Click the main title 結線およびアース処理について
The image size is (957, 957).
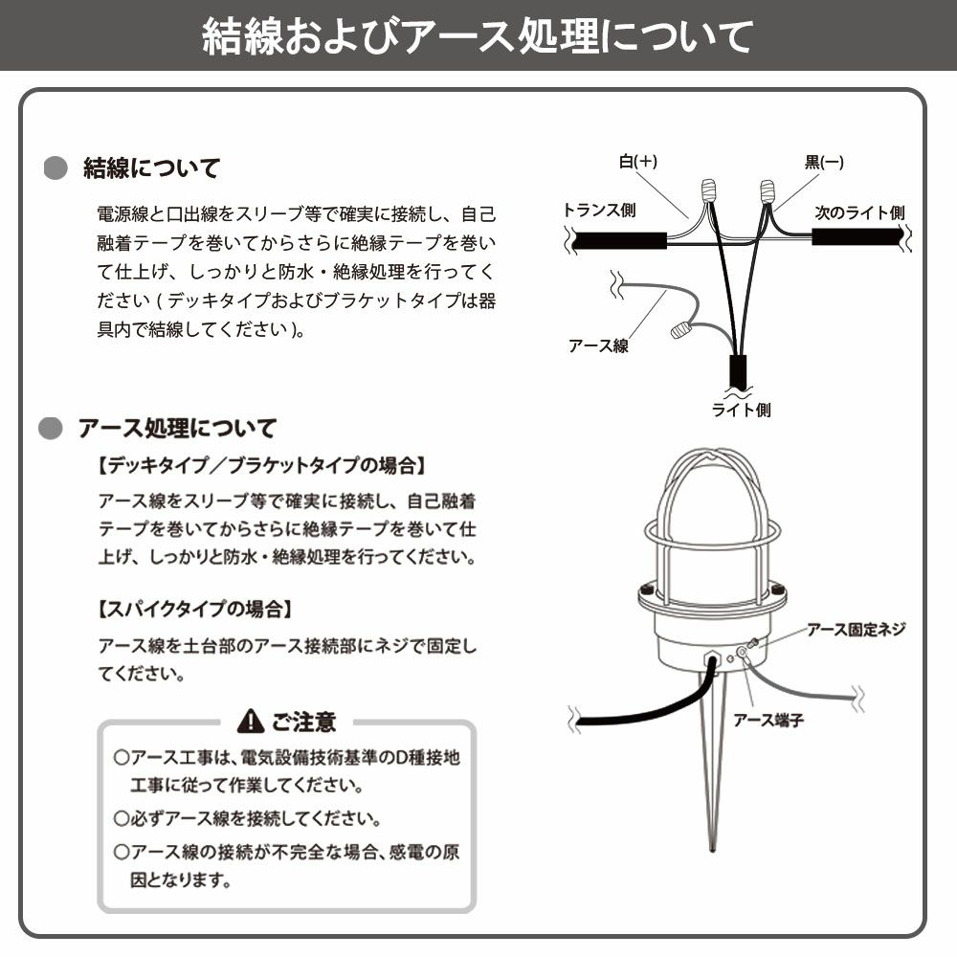pyautogui.click(x=478, y=37)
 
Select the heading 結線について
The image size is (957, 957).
pyautogui.click(x=151, y=168)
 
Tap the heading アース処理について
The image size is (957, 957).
pyautogui.click(x=176, y=427)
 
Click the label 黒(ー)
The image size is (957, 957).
pyautogui.click(x=824, y=163)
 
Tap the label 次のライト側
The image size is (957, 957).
pyautogui.click(x=859, y=212)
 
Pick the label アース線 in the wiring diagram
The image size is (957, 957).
pyautogui.click(x=598, y=345)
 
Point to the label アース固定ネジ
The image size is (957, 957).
pyautogui.click(x=856, y=629)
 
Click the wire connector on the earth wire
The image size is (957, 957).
pyautogui.click(x=680, y=330)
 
